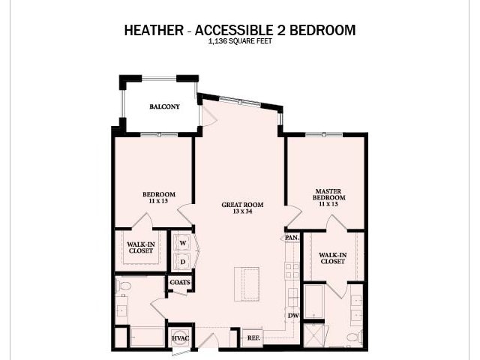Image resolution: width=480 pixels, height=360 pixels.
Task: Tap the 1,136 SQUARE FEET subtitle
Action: pyautogui.click(x=239, y=42)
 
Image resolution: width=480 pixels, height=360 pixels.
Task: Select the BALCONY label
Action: pyautogui.click(x=164, y=106)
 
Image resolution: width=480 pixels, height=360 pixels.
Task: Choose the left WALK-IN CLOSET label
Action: pyautogui.click(x=140, y=247)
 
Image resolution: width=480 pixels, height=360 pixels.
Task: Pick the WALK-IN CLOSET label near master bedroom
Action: pyautogui.click(x=332, y=258)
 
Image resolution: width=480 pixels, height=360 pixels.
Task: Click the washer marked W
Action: pyautogui.click(x=182, y=243)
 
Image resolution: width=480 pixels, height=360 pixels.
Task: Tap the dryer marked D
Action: pyautogui.click(x=182, y=262)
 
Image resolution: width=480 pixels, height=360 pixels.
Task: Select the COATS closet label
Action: pyautogui.click(x=180, y=283)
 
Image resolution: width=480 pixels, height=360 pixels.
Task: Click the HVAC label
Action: pyautogui.click(x=180, y=338)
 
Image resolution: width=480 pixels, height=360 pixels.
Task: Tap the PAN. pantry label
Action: pyautogui.click(x=292, y=238)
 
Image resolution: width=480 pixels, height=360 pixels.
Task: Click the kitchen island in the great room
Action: pyautogui.click(x=246, y=283)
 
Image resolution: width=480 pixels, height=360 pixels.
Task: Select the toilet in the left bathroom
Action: pyautogui.click(x=125, y=286)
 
